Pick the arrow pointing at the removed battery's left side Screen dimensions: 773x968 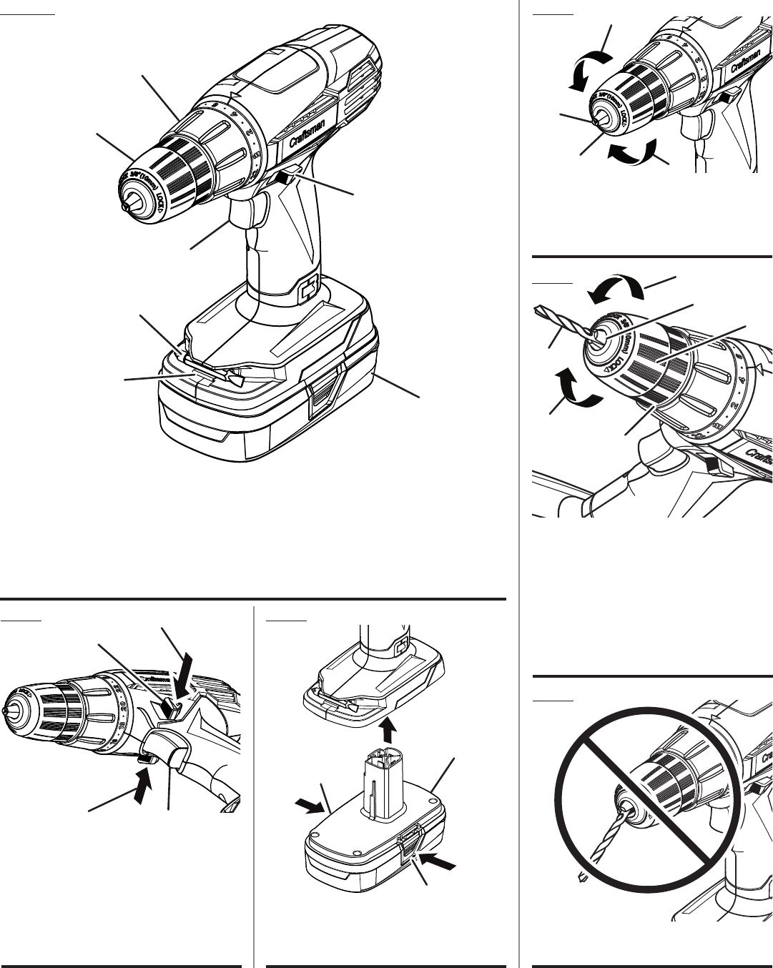pos(308,805)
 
